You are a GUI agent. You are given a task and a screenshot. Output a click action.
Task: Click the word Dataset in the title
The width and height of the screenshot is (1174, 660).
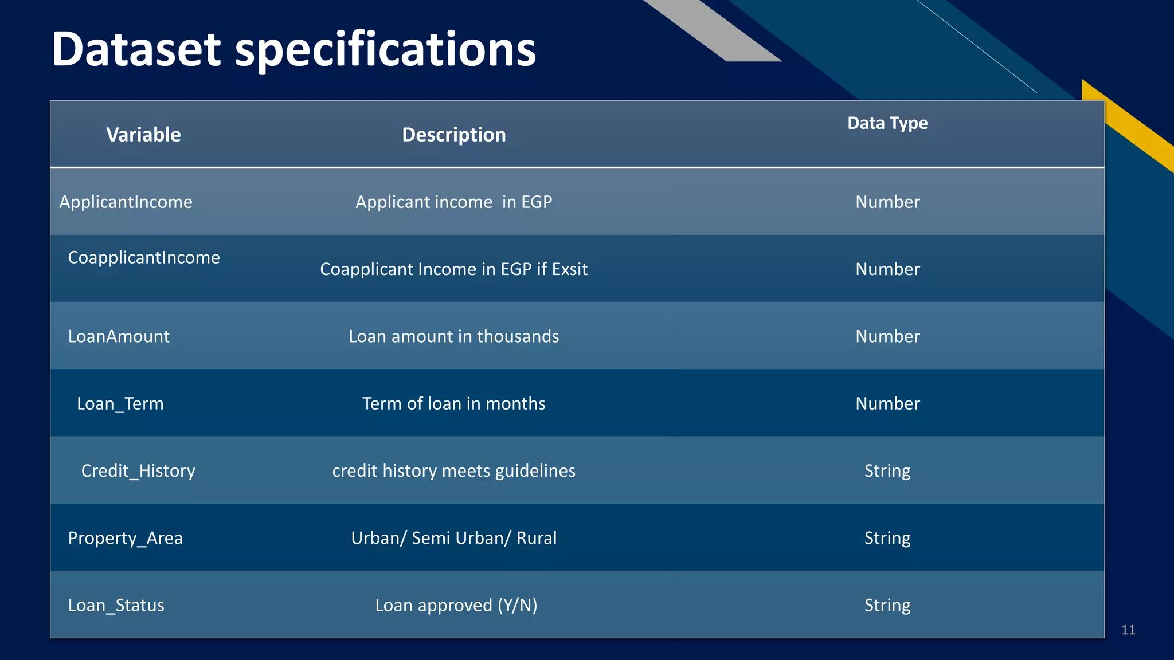(x=136, y=49)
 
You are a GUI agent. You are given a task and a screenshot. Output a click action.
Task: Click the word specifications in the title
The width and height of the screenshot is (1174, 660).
(x=385, y=49)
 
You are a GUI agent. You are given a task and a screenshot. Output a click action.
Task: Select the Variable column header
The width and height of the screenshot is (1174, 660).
(x=143, y=135)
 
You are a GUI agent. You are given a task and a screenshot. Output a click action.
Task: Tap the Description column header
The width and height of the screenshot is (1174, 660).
(x=454, y=135)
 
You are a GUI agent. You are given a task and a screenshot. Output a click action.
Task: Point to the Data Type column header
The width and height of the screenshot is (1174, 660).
(x=887, y=123)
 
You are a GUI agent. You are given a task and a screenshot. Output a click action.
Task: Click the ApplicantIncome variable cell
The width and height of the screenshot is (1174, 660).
(x=126, y=202)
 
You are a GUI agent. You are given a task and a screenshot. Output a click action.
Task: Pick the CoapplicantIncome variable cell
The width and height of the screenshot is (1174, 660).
(x=144, y=257)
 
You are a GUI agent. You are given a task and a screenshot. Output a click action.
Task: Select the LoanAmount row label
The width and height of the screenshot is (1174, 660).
(x=119, y=336)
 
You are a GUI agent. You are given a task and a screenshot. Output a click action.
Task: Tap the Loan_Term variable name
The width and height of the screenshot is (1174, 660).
(x=120, y=403)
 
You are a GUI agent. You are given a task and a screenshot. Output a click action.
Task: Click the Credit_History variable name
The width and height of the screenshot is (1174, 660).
(x=138, y=471)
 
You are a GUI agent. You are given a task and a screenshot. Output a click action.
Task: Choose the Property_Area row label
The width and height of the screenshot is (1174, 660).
(x=125, y=538)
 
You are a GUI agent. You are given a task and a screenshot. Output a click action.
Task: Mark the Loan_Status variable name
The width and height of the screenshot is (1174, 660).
(x=116, y=605)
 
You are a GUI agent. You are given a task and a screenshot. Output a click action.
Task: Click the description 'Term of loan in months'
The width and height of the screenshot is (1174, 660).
(x=454, y=403)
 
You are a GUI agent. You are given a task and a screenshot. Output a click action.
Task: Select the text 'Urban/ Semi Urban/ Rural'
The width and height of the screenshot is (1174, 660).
(x=454, y=538)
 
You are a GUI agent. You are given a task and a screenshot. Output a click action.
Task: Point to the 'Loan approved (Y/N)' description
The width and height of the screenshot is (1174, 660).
(x=456, y=605)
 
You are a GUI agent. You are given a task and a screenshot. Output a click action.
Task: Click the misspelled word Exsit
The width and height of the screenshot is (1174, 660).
(x=570, y=269)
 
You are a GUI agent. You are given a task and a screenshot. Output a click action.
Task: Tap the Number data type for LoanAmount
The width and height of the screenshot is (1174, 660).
(x=887, y=336)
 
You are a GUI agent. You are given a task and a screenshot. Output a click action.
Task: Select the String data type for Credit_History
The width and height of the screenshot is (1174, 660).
(x=887, y=471)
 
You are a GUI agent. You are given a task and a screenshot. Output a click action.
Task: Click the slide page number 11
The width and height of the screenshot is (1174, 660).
(x=1128, y=630)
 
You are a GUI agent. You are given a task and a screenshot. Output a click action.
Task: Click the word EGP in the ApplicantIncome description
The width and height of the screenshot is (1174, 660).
(x=537, y=202)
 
